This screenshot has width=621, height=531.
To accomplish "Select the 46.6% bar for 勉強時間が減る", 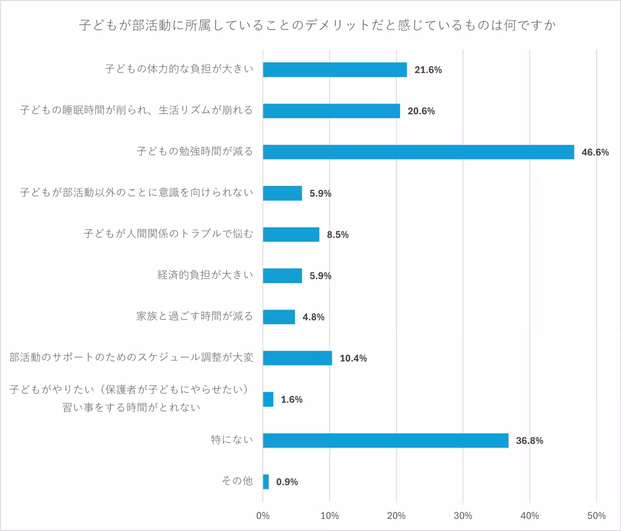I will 418,152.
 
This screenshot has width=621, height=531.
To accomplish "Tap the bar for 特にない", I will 386,440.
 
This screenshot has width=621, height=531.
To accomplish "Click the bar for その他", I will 266,482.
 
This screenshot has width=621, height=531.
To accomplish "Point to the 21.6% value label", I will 428,70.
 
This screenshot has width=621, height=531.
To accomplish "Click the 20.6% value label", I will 421,111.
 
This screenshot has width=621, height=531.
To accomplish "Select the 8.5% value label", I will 337,235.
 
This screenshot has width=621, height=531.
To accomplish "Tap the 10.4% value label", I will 353,358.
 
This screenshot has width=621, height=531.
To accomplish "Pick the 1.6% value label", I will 291,400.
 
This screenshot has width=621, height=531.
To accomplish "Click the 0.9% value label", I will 287,482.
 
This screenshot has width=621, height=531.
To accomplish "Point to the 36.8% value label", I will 529,441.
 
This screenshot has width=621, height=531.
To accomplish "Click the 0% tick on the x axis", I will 263,515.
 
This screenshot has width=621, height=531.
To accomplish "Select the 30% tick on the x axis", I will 463,515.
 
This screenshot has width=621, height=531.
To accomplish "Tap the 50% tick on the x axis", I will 597,515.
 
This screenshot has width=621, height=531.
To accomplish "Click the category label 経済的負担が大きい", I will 205,275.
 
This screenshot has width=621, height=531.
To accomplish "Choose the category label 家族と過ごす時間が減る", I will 195,316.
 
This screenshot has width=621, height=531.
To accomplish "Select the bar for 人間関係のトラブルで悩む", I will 291,234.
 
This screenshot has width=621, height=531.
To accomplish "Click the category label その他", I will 237,481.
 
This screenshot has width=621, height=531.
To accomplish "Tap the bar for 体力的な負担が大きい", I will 335,70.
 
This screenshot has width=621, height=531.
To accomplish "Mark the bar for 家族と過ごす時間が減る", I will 279,317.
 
